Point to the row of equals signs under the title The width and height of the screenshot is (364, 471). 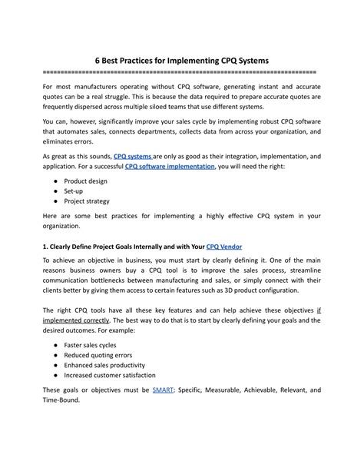coord(181,71)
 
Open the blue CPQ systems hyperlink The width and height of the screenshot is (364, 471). coord(135,154)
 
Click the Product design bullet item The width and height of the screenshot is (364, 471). coord(85,181)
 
